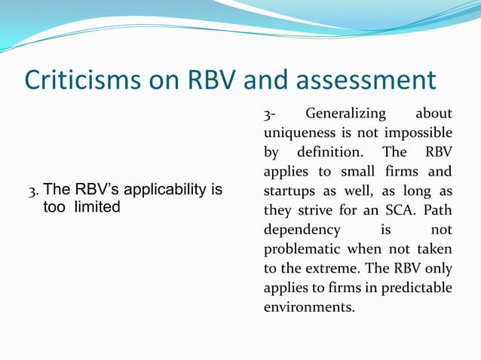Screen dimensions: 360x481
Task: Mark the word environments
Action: click(308, 307)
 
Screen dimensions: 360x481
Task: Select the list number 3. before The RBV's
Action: click(34, 190)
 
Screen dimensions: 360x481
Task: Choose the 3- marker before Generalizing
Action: click(268, 114)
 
